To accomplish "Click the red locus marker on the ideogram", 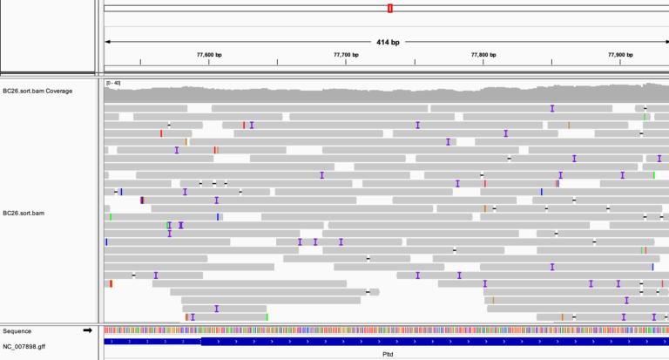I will click(390, 8).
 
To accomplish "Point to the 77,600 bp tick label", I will click(209, 55).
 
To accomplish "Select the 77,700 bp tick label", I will click(347, 55).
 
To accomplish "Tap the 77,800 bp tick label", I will click(483, 55).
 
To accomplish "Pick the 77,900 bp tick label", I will click(620, 55).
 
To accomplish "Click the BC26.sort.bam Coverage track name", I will click(37, 91).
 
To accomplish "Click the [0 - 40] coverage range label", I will click(112, 83).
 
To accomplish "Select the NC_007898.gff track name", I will click(24, 346).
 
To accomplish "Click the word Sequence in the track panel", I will click(17, 331).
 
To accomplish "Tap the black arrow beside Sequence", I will click(87, 330).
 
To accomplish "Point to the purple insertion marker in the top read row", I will click(551, 108).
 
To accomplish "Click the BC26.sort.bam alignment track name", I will click(24, 213).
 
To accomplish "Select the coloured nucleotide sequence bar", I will click(383, 330).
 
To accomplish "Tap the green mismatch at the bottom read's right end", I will click(267, 316).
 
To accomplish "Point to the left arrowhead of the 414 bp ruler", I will click(107, 42).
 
